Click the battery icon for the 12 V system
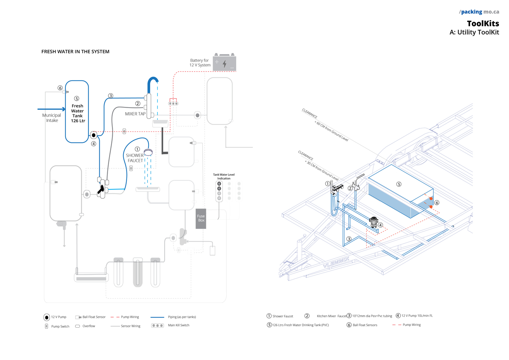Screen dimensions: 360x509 point(224,63)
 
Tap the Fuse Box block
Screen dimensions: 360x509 point(201,219)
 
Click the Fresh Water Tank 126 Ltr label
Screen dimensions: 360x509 point(78,113)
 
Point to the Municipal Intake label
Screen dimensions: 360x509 point(52,118)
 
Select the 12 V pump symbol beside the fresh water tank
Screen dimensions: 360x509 point(94,135)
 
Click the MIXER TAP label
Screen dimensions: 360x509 point(135,114)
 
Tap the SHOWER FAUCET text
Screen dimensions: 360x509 point(135,158)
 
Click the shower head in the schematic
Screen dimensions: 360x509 point(148,152)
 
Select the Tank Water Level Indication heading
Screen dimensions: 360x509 point(224,176)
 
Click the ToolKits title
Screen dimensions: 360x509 point(483,24)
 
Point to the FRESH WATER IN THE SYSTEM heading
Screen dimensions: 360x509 point(75,52)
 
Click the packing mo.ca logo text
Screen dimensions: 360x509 point(479,12)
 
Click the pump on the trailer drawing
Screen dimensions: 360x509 point(374,221)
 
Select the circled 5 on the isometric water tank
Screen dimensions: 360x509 point(399,184)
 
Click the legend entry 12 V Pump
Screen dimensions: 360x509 point(58,317)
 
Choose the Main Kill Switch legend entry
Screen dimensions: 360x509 point(179,325)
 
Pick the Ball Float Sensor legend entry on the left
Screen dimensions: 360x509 point(94,317)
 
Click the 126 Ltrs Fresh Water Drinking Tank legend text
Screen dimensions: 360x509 point(300,325)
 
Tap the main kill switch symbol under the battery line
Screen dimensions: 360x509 point(173,103)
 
